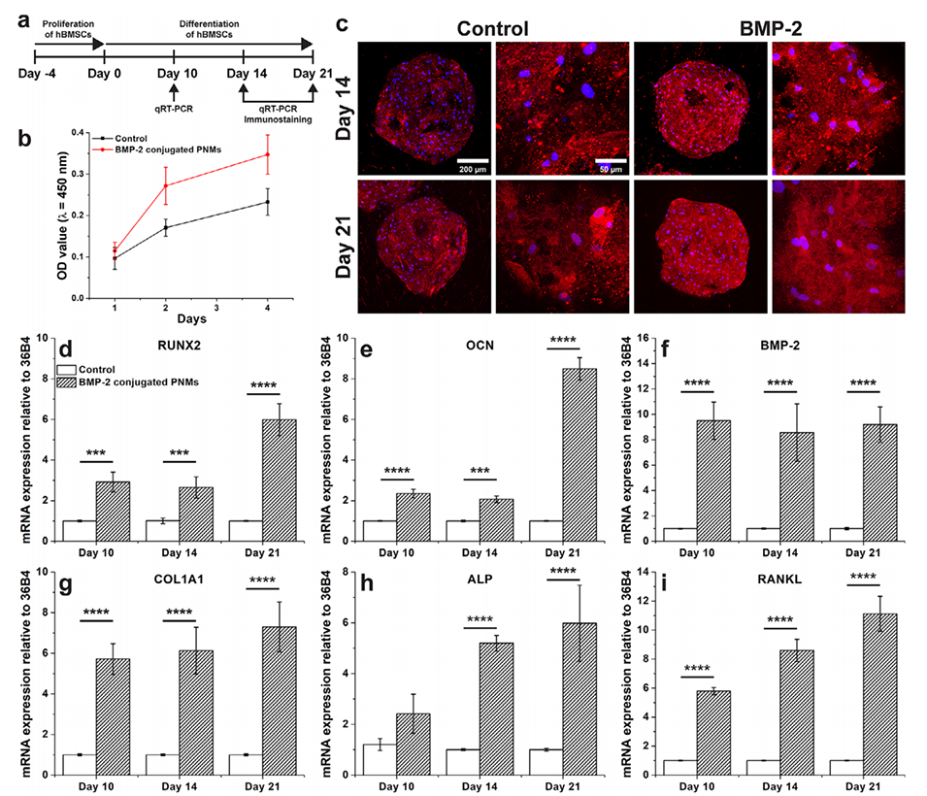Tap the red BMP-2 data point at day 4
293,154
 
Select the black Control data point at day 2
166,228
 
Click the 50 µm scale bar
609,160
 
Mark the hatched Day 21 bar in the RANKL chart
866,693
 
